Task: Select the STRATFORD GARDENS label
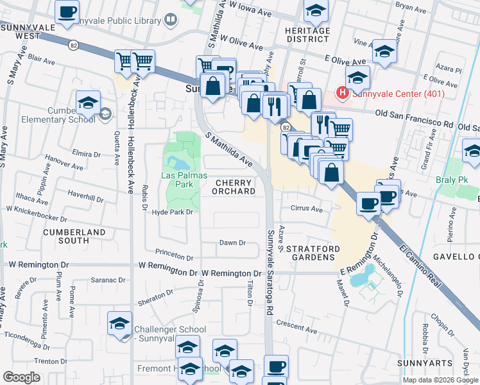click(x=311, y=253)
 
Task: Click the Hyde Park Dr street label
click(x=172, y=212)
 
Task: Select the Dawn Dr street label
click(x=233, y=243)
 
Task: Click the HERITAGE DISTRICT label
click(x=307, y=35)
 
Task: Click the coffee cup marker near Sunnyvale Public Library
click(x=67, y=11)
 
